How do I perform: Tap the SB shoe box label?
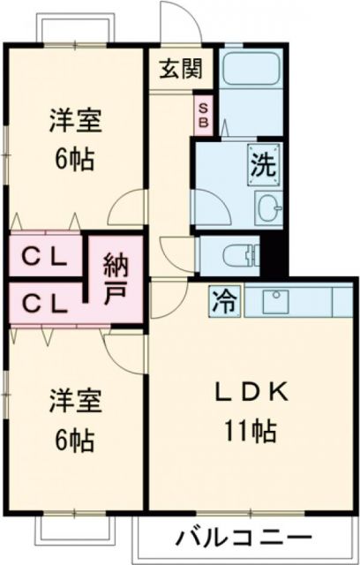pos(202,115)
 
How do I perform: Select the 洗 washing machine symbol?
pos(263,162)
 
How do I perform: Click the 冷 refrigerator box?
pos(222,301)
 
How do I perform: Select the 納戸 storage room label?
pos(115,278)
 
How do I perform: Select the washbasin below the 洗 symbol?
pos(268,209)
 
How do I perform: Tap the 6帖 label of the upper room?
pos(74,162)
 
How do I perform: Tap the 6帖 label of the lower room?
pos(74,439)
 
